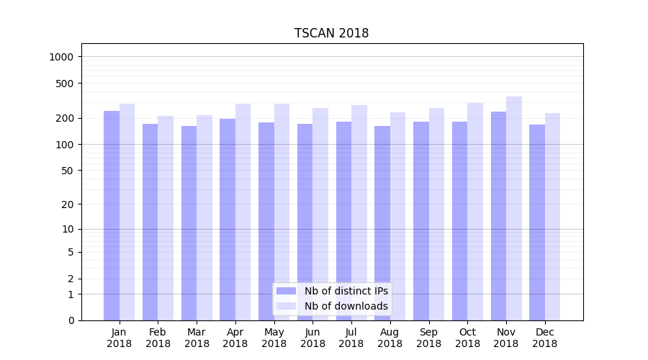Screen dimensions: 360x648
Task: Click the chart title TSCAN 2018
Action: pos(331,33)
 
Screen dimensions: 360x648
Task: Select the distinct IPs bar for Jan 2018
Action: pos(112,216)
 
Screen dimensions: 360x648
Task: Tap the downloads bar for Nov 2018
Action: pos(514,209)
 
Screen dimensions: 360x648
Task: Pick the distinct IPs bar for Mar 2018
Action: pos(189,223)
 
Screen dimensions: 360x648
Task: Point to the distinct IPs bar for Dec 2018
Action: pos(537,222)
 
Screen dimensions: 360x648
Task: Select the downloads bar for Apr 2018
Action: pos(243,212)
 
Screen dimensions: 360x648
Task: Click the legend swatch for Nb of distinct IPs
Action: pos(287,291)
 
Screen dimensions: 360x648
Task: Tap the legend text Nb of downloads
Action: pos(346,306)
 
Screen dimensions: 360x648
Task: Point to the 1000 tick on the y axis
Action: pos(66,57)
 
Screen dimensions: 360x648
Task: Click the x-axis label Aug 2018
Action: pos(390,338)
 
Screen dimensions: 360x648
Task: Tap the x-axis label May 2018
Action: pos(274,338)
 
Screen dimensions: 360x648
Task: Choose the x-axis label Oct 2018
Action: pos(467,338)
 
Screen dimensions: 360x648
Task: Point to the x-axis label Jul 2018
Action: pos(351,338)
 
